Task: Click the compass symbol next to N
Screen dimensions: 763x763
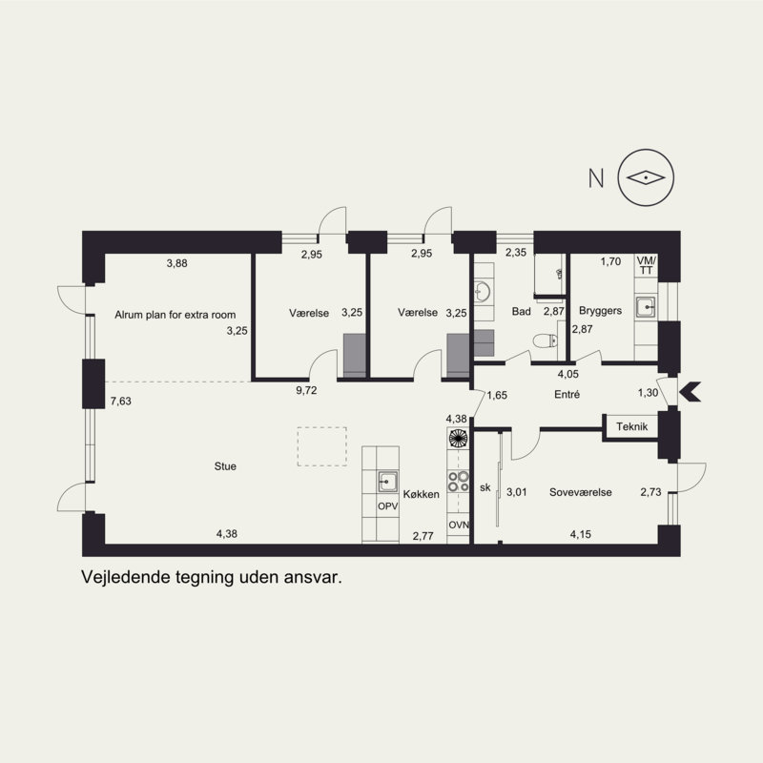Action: (x=646, y=177)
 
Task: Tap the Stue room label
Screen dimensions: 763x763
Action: (x=225, y=466)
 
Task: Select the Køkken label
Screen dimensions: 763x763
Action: (x=421, y=494)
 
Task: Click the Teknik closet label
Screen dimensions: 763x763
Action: (x=631, y=426)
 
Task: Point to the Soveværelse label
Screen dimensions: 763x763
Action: (x=581, y=492)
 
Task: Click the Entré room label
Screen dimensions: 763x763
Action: (x=567, y=394)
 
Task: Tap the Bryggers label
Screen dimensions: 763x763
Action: (x=600, y=311)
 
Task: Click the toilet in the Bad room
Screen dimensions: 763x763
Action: (x=545, y=340)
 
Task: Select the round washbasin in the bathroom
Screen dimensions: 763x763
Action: (x=483, y=292)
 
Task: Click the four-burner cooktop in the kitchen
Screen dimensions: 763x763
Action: (x=459, y=482)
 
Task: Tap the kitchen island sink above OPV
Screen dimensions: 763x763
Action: (x=388, y=482)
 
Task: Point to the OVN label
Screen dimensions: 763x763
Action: (x=459, y=526)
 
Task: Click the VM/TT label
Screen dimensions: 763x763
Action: (x=647, y=265)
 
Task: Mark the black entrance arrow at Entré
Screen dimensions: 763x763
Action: (x=690, y=392)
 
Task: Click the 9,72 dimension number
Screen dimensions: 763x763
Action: (x=306, y=390)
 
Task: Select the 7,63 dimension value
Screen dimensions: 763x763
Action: (x=121, y=402)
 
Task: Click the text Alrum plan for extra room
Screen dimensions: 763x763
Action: (x=175, y=315)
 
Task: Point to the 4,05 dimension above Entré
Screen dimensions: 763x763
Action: (x=567, y=374)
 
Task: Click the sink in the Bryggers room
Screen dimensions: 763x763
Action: (x=646, y=306)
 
